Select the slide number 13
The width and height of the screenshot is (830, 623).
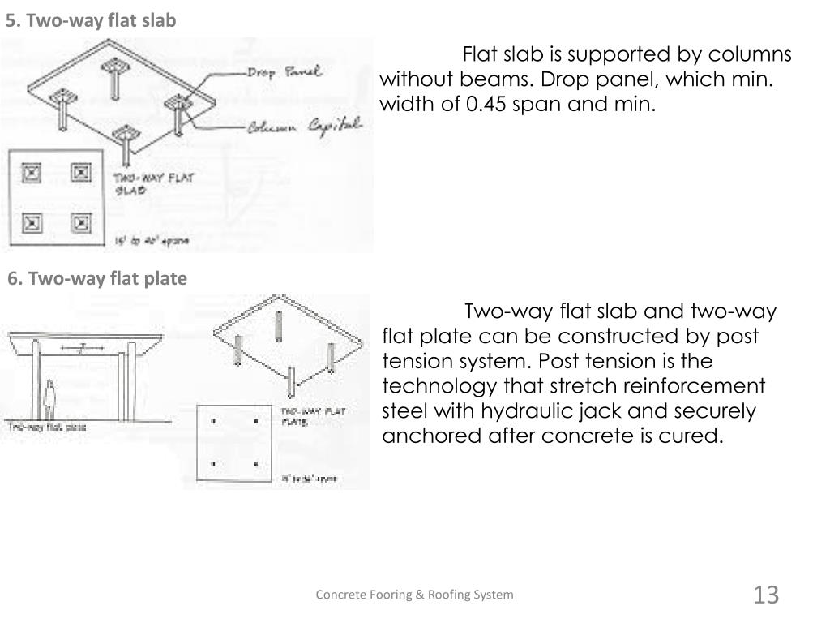tap(765, 595)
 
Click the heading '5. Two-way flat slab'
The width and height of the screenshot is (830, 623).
tap(91, 21)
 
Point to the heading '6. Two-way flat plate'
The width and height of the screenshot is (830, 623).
tap(97, 279)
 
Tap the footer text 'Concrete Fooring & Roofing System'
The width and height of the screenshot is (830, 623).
tap(414, 595)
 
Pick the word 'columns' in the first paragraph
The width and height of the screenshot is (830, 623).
tap(755, 55)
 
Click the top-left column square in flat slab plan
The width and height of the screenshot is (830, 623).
tap(31, 172)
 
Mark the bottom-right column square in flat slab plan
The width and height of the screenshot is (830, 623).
tap(79, 221)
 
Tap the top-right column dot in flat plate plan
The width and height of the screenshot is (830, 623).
tap(256, 421)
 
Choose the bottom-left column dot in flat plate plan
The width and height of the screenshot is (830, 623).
tap(214, 464)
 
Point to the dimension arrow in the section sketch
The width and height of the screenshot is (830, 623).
tap(83, 349)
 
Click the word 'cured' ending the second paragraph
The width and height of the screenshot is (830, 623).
tap(694, 436)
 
